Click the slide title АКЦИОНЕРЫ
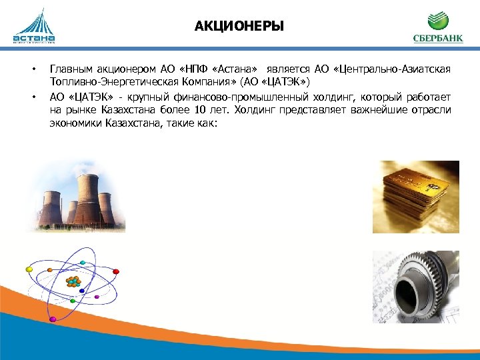tap(239, 27)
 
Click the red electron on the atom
tap(116, 271)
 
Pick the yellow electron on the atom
tap(29, 269)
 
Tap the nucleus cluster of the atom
tap(73, 281)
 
